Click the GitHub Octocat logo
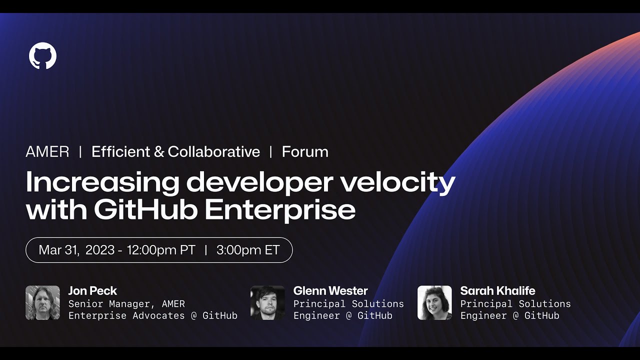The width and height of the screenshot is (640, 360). [x=43, y=55]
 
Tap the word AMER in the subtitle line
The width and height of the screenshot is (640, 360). [x=47, y=152]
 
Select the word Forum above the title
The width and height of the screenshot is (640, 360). [x=305, y=152]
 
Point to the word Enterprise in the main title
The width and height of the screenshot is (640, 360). [x=280, y=210]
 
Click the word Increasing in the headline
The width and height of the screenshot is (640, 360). [x=102, y=182]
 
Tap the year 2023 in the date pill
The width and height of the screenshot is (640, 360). [x=100, y=250]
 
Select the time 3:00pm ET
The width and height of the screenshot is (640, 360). [x=248, y=250]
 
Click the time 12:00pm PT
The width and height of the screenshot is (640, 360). [x=161, y=250]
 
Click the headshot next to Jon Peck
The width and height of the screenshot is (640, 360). [x=42, y=302]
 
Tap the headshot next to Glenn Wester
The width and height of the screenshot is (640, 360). [x=267, y=302]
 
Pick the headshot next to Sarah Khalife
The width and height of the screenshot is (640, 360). [x=434, y=302]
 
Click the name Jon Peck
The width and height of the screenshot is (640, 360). [x=92, y=291]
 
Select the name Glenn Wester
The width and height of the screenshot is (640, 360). [x=330, y=291]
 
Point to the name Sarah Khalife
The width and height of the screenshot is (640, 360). [x=497, y=291]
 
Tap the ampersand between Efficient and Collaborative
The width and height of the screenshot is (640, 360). [x=159, y=152]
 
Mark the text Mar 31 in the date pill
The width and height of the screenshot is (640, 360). [x=58, y=250]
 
